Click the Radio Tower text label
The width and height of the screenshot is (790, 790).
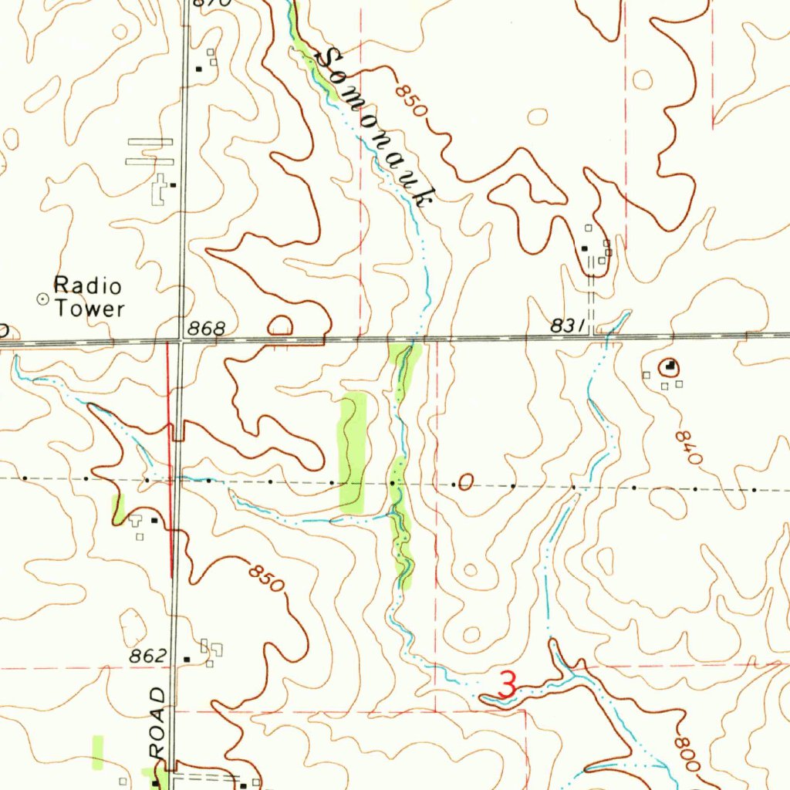(x=88, y=298)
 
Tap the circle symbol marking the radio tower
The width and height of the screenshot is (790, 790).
(x=42, y=298)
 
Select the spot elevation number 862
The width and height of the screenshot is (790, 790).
(x=148, y=657)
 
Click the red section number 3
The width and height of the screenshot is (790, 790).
(x=508, y=685)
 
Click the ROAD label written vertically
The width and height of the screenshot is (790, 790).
(x=159, y=722)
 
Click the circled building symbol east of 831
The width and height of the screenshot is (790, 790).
(x=669, y=366)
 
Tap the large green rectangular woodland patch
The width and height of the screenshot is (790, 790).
(x=353, y=453)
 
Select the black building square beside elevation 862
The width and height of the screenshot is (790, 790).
(x=187, y=659)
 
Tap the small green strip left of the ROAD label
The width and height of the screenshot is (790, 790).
(x=98, y=752)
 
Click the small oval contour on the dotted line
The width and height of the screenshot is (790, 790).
(x=464, y=484)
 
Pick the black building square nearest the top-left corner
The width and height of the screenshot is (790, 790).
(x=199, y=69)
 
